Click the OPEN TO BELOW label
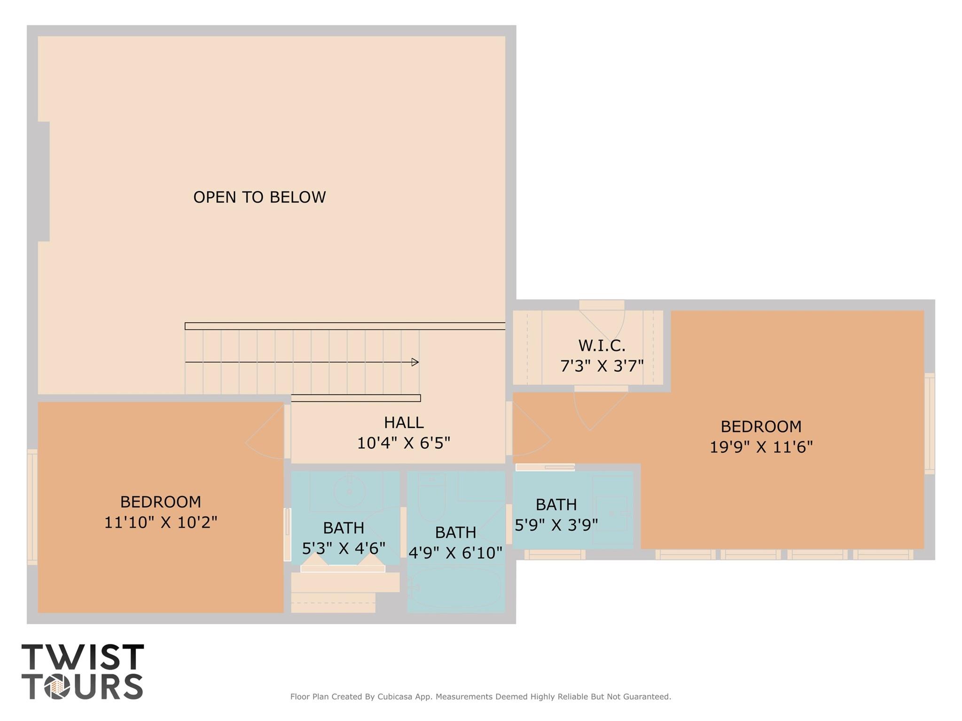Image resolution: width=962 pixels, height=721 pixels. pyautogui.click(x=259, y=197)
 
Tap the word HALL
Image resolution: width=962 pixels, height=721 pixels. pyautogui.click(x=404, y=422)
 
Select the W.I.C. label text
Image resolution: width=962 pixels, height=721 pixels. pyautogui.click(x=602, y=346)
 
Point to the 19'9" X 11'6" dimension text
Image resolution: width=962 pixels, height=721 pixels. pyautogui.click(x=761, y=447)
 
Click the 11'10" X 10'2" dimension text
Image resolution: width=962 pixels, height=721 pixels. pyautogui.click(x=161, y=522)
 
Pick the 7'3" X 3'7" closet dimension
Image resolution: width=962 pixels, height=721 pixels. pyautogui.click(x=602, y=365)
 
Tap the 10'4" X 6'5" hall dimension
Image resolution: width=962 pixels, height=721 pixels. pyautogui.click(x=404, y=443)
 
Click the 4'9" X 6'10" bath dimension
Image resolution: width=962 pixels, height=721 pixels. pyautogui.click(x=455, y=553)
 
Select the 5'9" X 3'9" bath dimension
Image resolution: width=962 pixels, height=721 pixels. pyautogui.click(x=556, y=525)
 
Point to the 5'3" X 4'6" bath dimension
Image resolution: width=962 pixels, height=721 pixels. pyautogui.click(x=344, y=548)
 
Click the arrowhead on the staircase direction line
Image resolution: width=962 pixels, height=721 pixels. pyautogui.click(x=415, y=362)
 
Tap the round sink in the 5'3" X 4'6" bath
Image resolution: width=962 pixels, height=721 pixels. pyautogui.click(x=349, y=491)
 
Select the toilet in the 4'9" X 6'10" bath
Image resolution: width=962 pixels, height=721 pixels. pyautogui.click(x=431, y=497)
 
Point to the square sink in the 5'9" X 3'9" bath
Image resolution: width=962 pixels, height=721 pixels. pyautogui.click(x=611, y=513)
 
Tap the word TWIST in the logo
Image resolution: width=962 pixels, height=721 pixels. pyautogui.click(x=83, y=657)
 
